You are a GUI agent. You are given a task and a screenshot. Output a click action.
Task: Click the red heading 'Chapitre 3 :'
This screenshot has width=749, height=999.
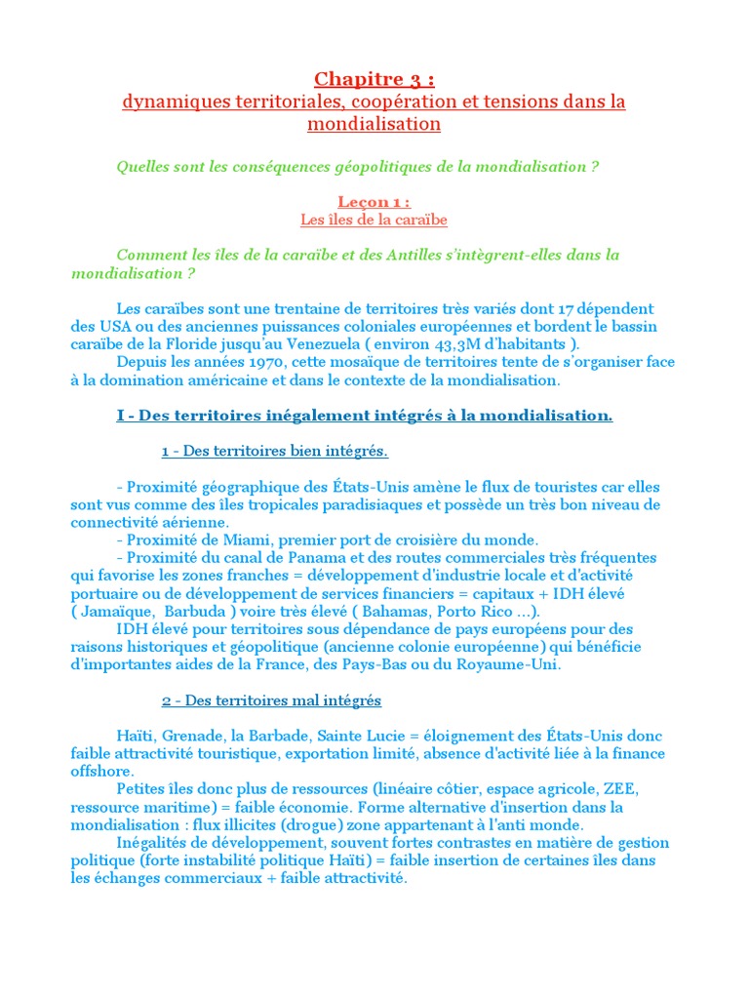tap(374, 79)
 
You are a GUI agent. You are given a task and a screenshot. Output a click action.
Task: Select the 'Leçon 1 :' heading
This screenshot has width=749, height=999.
tap(374, 202)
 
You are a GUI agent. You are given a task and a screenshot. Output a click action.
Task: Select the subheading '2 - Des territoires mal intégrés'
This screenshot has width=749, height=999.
tap(271, 700)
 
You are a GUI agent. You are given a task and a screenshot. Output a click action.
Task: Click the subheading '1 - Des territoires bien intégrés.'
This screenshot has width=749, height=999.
tap(275, 451)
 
